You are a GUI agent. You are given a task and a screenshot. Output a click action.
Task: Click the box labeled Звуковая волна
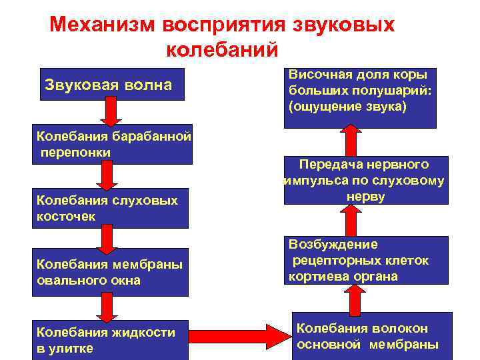(x=111, y=85)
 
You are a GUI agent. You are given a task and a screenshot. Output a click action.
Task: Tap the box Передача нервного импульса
(x=364, y=181)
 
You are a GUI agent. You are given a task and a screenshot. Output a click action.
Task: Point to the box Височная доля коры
(x=360, y=97)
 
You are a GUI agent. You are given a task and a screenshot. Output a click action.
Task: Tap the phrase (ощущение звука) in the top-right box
(x=347, y=106)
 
